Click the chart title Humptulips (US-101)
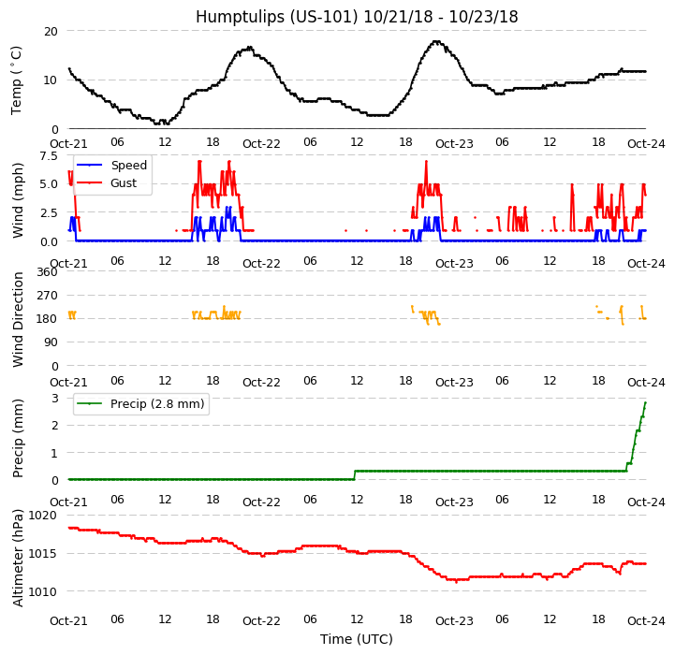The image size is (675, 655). coord(357,17)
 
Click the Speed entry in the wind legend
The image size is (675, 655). coord(128,166)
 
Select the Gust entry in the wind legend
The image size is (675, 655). coord(123,183)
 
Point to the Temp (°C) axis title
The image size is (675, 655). coord(17,80)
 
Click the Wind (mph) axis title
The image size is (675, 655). coord(19,199)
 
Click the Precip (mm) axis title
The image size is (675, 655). coord(19,438)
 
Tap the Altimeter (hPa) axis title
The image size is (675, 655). coord(19,558)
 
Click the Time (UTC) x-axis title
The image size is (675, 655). coord(357,639)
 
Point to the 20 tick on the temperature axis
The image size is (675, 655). coord(50,31)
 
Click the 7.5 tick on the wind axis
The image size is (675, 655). coord(46,155)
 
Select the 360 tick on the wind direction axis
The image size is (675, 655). coord(46,272)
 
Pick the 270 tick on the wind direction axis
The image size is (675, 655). coord(46,296)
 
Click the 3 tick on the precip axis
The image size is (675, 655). coord(54,398)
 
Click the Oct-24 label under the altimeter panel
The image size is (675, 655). coord(646,620)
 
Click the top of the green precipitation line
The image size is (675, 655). coord(645,402)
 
